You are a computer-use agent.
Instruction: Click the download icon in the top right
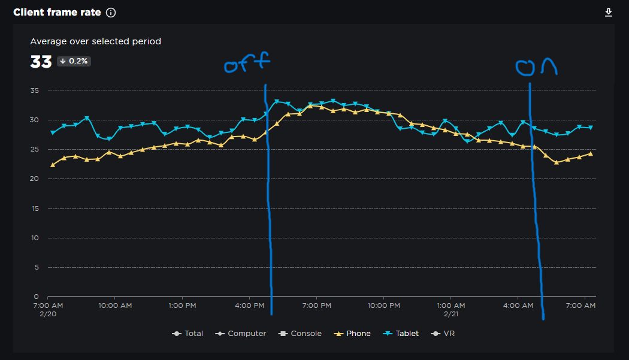609,13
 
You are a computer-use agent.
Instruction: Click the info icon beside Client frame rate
111,13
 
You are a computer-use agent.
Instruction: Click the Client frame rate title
57,13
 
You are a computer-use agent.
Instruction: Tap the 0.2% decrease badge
74,61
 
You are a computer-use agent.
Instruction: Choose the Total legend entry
188,334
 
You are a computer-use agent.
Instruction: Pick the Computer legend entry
241,334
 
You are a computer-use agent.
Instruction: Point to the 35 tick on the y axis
34,90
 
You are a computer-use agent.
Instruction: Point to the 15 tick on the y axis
34,208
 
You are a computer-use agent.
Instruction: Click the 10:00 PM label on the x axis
384,305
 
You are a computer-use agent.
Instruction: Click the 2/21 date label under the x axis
452,314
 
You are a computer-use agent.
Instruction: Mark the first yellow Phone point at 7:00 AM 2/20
52,165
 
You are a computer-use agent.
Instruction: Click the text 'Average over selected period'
96,41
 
